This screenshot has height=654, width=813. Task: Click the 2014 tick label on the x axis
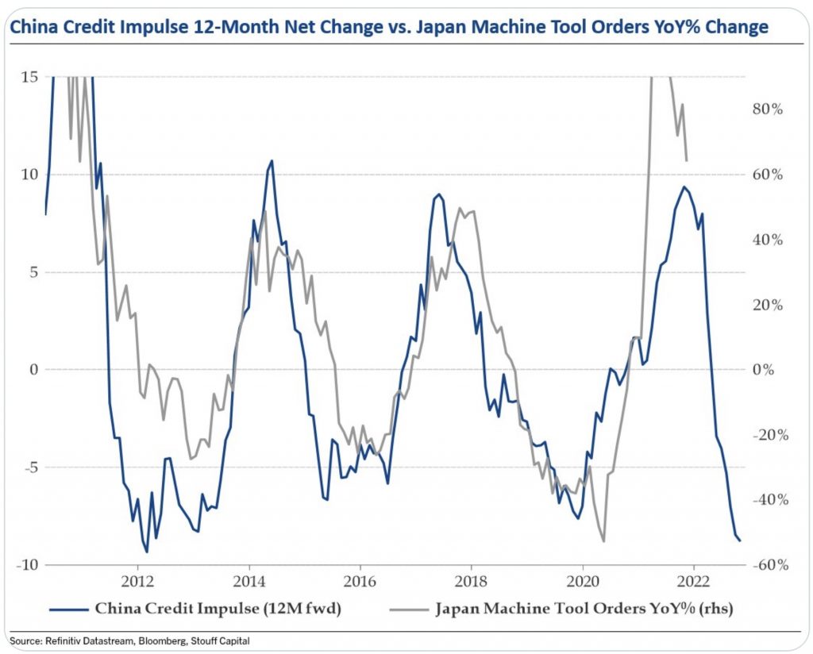pyautogui.click(x=249, y=579)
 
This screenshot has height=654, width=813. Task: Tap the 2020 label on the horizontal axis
pyautogui.click(x=582, y=579)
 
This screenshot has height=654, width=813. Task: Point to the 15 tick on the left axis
pyautogui.click(x=30, y=77)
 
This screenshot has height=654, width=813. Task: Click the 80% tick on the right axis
pyautogui.click(x=767, y=110)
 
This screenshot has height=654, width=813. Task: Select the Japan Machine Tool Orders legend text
pyautogui.click(x=583, y=610)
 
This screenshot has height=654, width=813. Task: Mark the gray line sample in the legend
pyautogui.click(x=410, y=610)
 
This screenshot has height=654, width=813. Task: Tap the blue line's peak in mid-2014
pyautogui.click(x=272, y=160)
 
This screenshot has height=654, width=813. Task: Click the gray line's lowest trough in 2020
pyautogui.click(x=604, y=541)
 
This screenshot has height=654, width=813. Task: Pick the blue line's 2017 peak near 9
pyautogui.click(x=439, y=194)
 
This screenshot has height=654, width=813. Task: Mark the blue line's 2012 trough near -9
pyautogui.click(x=147, y=552)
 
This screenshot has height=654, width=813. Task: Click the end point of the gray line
pyautogui.click(x=687, y=161)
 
